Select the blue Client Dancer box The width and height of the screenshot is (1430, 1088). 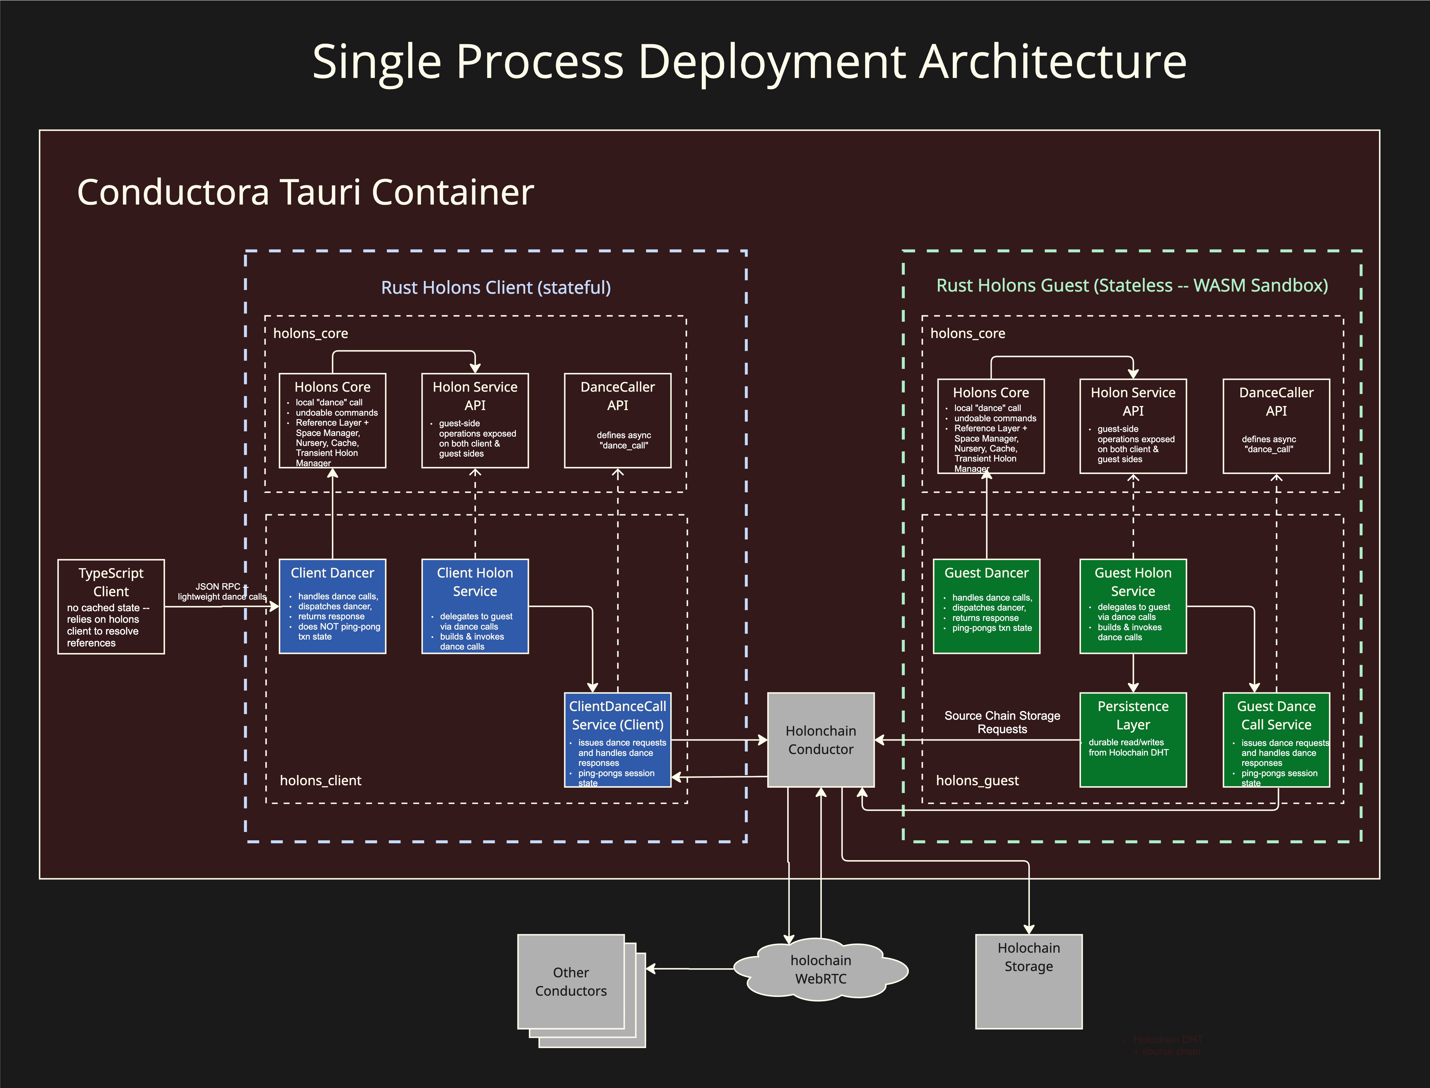(x=332, y=606)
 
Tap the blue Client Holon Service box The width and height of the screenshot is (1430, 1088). (x=475, y=606)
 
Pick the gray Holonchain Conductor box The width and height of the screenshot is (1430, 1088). (x=821, y=740)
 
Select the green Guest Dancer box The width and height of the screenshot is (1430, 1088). (x=986, y=606)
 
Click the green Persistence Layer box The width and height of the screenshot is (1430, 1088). (x=1133, y=740)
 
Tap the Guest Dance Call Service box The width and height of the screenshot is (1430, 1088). (x=1276, y=740)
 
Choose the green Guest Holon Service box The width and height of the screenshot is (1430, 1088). (x=1133, y=606)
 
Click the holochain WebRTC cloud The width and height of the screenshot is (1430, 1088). (x=821, y=970)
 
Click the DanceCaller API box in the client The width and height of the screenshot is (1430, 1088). (x=617, y=420)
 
